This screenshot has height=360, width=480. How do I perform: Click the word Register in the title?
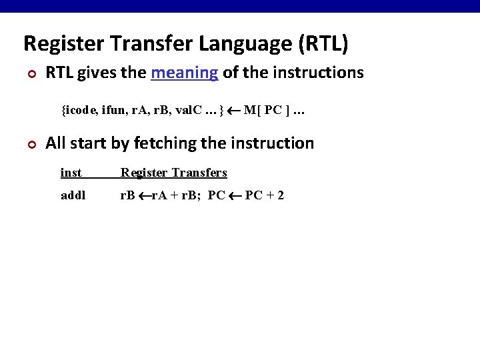63,44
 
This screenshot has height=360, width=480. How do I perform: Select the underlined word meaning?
185,73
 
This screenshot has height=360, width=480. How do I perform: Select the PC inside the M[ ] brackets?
272,110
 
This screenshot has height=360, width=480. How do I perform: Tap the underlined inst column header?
71,173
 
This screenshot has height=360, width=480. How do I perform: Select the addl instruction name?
73,196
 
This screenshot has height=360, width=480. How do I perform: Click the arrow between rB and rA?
143,196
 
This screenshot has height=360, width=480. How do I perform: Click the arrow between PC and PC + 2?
235,196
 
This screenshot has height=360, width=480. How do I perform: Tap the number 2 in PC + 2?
281,196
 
